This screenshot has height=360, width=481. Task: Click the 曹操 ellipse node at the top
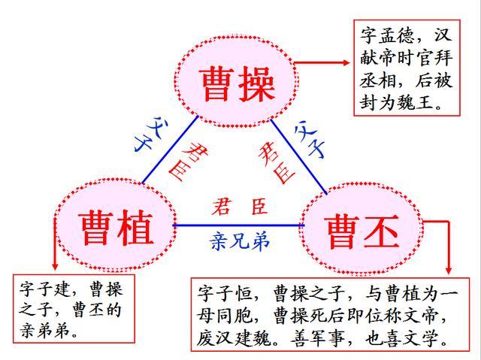[236, 82]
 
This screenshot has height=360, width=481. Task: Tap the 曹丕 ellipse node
[362, 228]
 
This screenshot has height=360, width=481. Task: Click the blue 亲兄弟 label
[240, 242]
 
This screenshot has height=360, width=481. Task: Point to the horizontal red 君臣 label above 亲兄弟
[240, 206]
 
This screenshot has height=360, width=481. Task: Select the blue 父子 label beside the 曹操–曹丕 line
[309, 139]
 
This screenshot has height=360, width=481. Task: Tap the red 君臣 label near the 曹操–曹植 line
[188, 161]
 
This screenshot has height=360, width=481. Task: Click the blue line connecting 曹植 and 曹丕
[238, 225]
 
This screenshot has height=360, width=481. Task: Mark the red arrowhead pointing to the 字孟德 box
[346, 62]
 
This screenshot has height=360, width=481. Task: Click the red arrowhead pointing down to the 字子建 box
[55, 266]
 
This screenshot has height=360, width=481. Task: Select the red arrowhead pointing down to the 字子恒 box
[448, 270]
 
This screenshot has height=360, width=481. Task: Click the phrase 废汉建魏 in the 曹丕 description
[234, 338]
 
